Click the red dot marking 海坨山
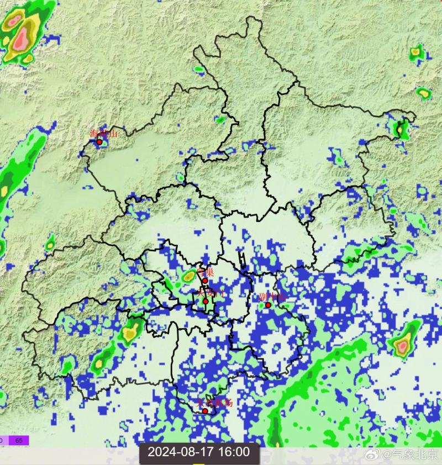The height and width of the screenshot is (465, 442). (99, 142)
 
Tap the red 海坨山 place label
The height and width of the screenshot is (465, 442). (104, 133)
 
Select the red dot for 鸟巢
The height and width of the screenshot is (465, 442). (205, 281)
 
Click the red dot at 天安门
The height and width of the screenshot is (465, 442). (205, 302)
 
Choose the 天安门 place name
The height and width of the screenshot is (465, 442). (208, 292)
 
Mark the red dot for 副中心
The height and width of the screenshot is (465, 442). (268, 305)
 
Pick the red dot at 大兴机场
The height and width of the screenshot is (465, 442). (205, 411)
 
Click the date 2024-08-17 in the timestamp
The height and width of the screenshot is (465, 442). (182, 452)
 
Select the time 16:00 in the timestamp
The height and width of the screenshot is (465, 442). (234, 452)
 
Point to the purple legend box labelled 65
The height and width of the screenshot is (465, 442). (19, 440)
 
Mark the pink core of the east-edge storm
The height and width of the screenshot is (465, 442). (403, 346)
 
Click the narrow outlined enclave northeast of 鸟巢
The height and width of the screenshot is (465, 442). (243, 261)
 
